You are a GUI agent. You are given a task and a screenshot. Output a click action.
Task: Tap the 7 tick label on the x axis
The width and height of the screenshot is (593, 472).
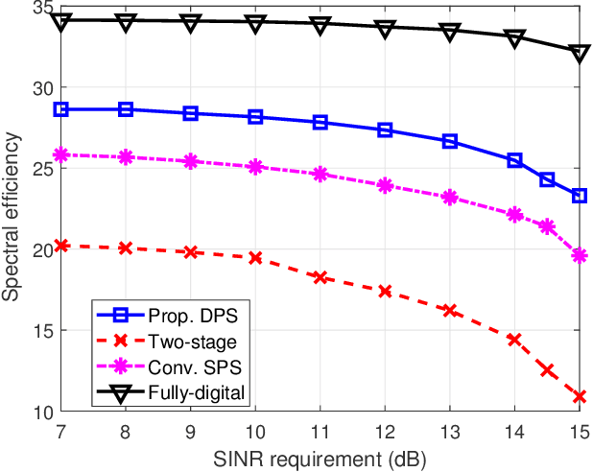[61, 430]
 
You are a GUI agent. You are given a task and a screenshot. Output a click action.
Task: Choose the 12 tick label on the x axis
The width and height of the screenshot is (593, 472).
[385, 430]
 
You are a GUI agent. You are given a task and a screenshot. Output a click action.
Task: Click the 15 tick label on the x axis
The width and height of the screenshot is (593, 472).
[579, 430]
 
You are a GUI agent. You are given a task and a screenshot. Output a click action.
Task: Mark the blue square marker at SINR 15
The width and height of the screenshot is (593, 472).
[580, 196]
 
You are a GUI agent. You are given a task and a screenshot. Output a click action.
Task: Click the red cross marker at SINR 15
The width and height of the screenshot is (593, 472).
[580, 396]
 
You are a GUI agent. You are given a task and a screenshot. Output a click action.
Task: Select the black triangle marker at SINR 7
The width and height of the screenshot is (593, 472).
[61, 20]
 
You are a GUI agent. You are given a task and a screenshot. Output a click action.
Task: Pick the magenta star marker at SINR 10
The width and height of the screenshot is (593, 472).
[255, 167]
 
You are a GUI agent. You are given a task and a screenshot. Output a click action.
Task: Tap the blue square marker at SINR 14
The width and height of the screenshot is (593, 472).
[514, 160]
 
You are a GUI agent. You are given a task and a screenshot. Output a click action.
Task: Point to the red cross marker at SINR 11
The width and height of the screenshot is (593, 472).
[320, 277]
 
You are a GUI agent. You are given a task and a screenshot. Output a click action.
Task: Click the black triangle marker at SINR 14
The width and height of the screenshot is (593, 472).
[514, 37]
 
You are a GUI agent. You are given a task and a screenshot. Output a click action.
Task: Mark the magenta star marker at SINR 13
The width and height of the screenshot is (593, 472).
[450, 198]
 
